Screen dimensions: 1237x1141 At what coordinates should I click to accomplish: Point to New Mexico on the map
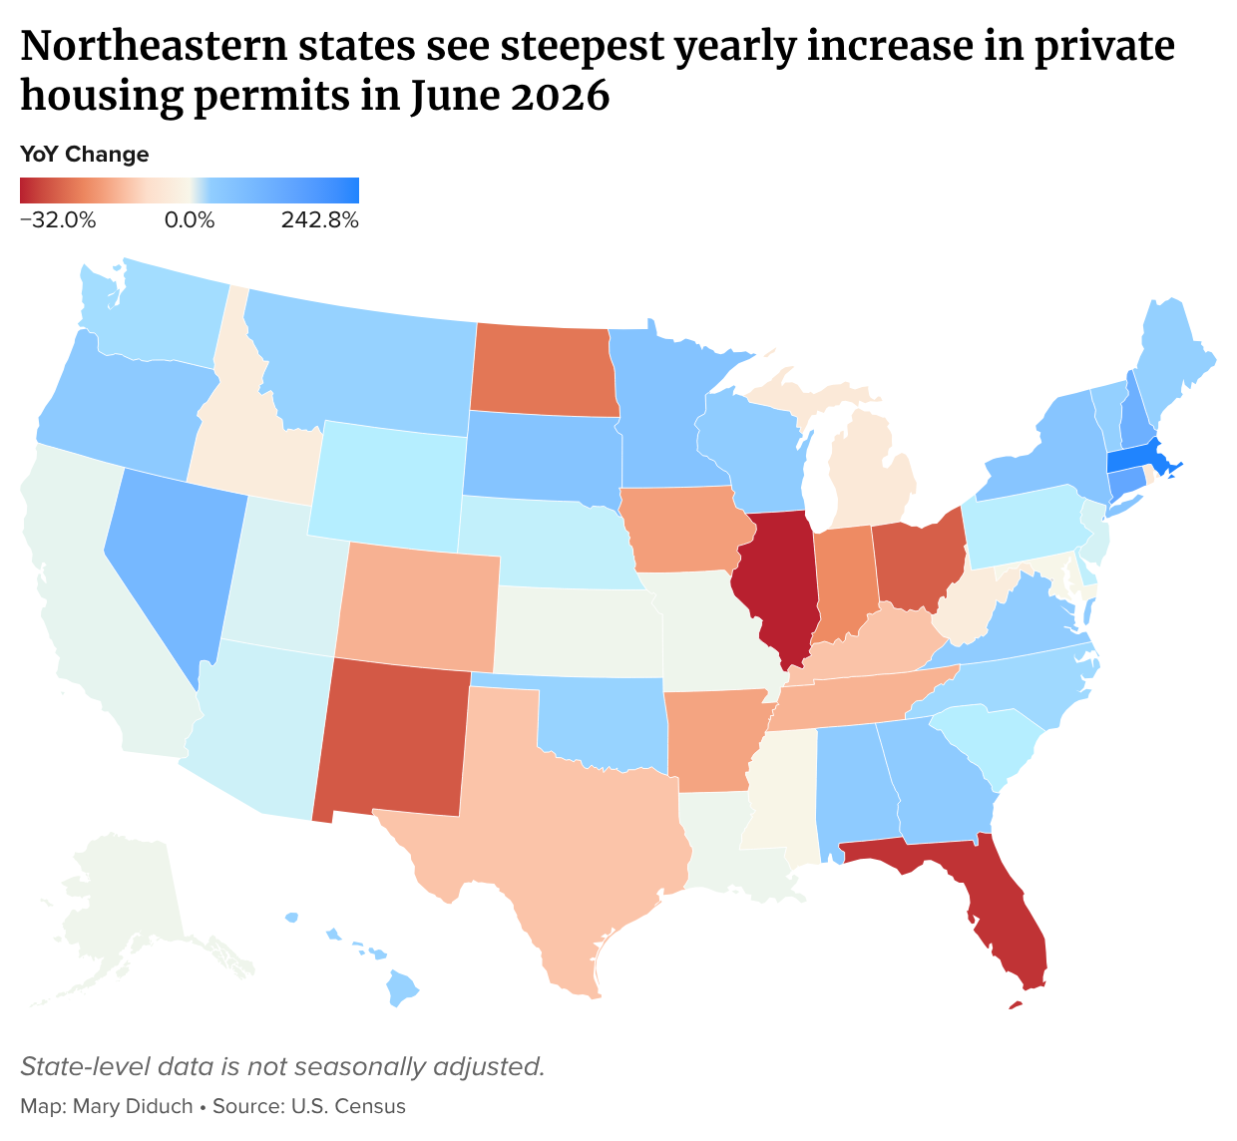(392, 741)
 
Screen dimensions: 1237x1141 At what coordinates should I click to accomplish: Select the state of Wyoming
(387, 486)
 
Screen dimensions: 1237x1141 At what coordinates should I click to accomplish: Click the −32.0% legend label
(58, 220)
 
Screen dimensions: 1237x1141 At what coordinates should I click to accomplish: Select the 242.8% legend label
(319, 220)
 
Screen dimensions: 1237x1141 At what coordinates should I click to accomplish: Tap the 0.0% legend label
(190, 220)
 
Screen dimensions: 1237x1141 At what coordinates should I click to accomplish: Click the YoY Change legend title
(85, 154)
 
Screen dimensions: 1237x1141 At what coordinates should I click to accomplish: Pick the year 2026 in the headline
(560, 96)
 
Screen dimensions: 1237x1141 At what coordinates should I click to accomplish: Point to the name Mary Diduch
(133, 1106)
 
